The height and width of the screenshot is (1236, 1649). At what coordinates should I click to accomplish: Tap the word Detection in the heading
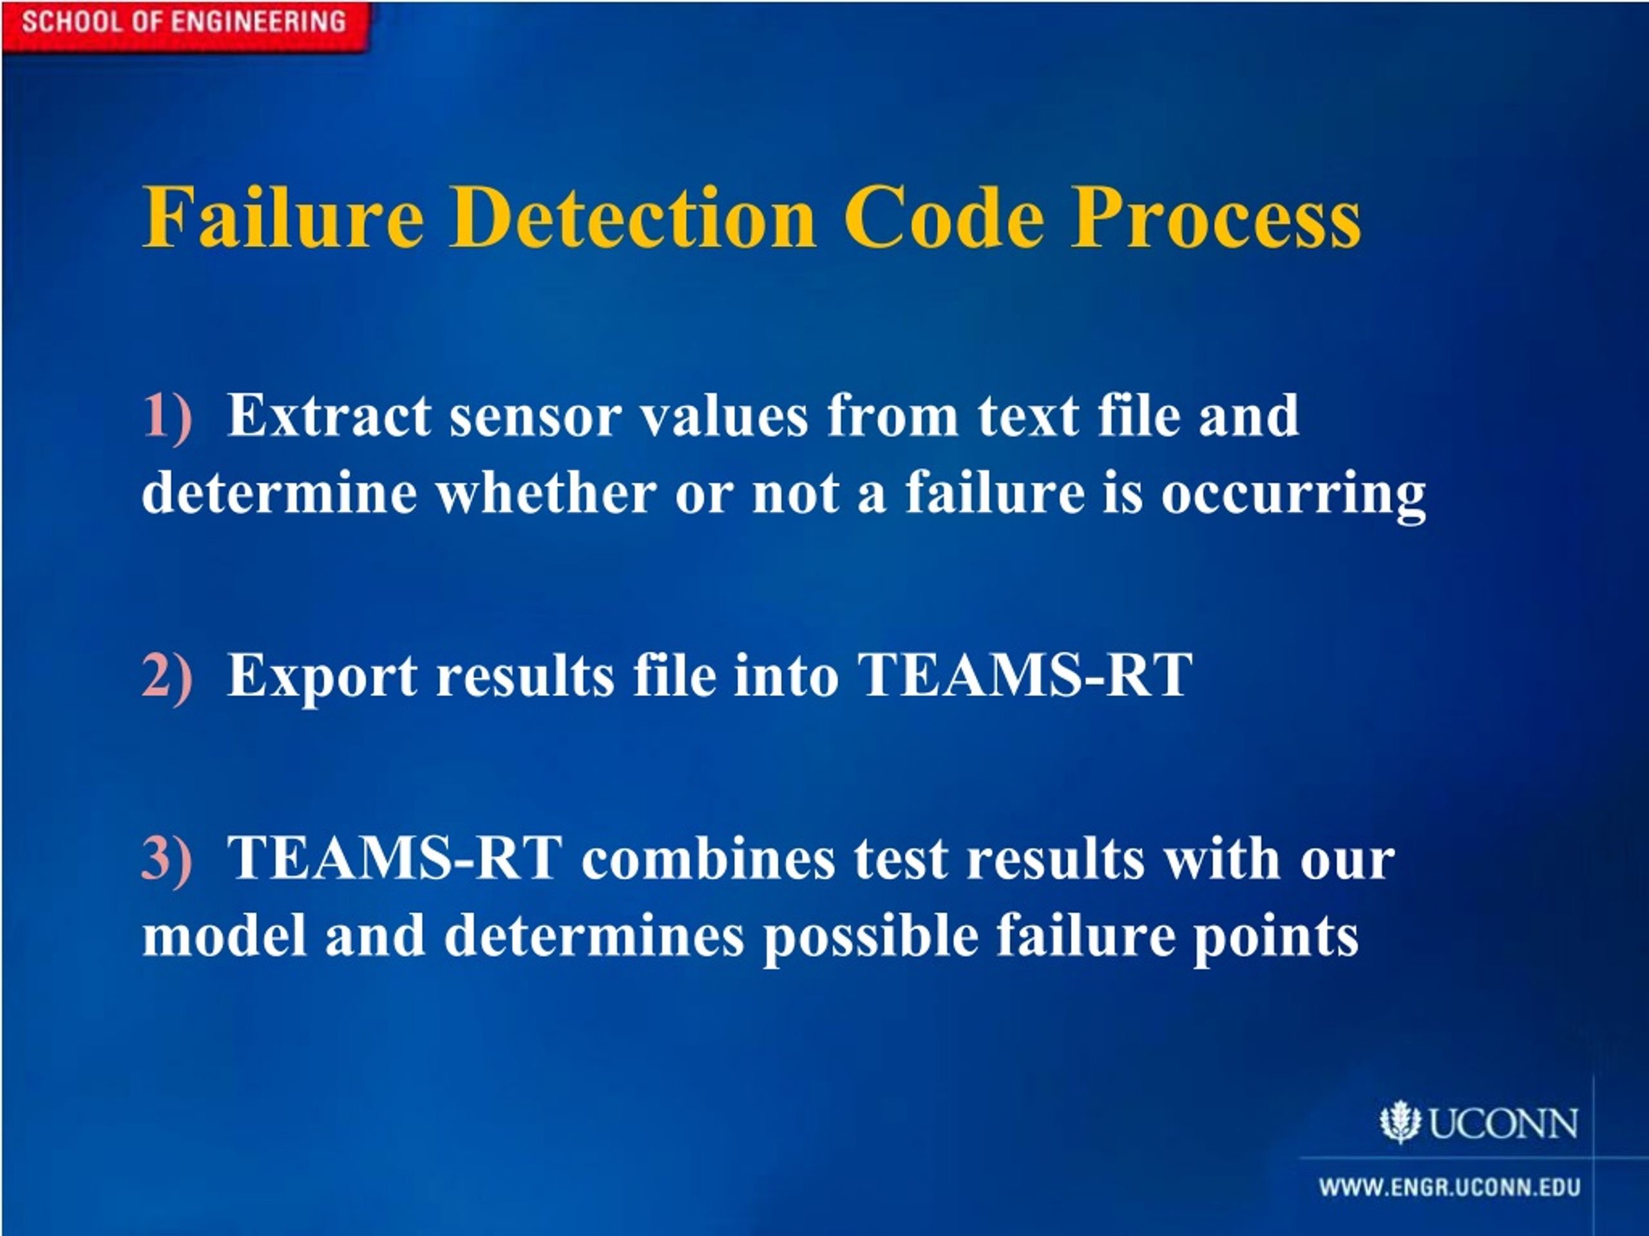point(632,218)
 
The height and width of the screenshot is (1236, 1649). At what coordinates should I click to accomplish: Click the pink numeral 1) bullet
point(167,416)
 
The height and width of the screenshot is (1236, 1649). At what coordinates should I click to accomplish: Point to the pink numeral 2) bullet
point(167,675)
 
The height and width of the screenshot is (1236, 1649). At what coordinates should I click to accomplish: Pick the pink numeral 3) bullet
point(167,858)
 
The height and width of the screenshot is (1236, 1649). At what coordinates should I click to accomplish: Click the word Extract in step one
point(329,416)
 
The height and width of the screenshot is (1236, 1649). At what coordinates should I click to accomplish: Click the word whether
point(546,492)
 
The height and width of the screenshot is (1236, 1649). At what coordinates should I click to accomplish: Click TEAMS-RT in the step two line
point(1025,675)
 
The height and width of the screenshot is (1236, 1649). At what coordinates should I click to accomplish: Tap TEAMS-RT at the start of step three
point(394,858)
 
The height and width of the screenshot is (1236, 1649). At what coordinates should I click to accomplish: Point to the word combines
point(708,858)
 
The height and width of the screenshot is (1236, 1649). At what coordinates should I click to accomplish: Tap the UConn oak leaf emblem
point(1399,1122)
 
